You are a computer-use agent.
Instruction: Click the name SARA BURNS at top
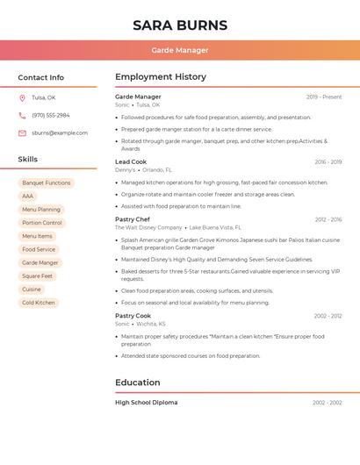click(180, 25)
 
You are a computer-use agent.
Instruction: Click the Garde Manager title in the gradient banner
click(180, 50)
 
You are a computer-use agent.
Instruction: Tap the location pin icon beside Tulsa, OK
click(22, 97)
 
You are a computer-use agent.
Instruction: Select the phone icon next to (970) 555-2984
click(22, 115)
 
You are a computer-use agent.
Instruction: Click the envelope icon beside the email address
click(22, 132)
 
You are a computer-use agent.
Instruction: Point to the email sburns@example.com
click(60, 132)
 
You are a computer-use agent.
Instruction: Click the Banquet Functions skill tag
click(47, 182)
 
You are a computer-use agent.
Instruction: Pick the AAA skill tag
click(28, 196)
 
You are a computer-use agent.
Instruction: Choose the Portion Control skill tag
click(42, 223)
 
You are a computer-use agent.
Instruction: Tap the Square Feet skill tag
click(38, 275)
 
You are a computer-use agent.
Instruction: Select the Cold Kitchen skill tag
click(39, 303)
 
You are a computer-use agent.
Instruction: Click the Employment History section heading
click(161, 77)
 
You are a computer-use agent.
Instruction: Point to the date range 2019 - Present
click(324, 97)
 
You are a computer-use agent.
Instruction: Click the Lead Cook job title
click(131, 161)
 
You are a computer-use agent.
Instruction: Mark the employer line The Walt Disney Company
click(148, 227)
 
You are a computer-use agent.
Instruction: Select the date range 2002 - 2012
click(328, 315)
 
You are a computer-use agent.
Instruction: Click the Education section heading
click(138, 383)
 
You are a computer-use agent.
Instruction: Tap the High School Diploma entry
click(147, 403)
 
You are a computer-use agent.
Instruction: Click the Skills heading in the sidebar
click(28, 159)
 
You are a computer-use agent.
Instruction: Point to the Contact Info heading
click(41, 77)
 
